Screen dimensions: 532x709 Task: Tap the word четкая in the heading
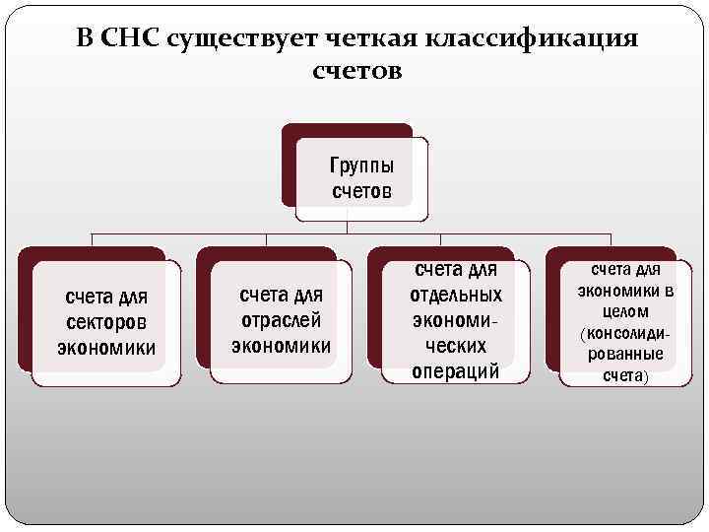363,38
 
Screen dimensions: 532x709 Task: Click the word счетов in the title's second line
356,73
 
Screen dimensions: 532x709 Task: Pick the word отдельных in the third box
455,295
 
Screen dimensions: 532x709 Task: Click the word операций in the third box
455,371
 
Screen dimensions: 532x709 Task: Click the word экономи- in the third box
455,320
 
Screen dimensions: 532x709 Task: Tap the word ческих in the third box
455,346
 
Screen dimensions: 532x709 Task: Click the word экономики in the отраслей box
282,345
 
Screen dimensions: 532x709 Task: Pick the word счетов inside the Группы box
360,190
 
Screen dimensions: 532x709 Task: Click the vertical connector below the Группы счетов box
348,227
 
